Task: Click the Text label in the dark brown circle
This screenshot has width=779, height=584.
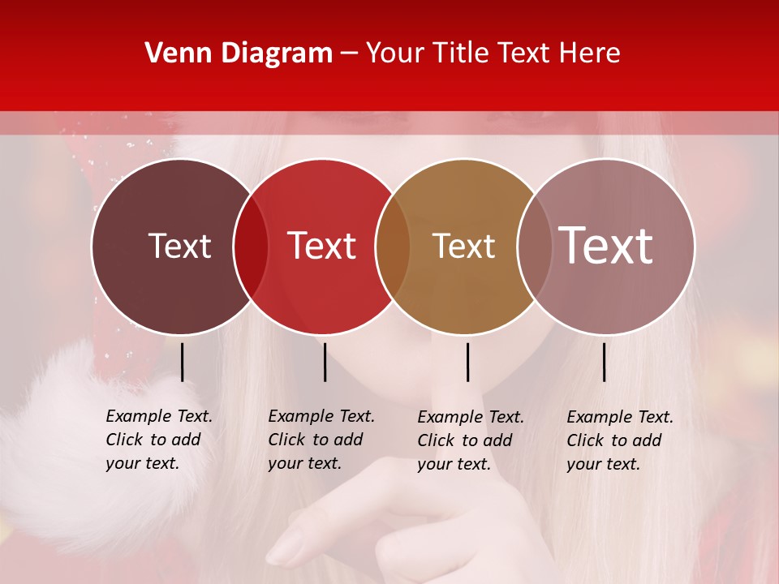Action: click(179, 246)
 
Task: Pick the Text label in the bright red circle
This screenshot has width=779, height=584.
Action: click(322, 246)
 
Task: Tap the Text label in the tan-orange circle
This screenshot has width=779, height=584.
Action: click(463, 246)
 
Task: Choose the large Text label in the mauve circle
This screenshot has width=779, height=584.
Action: click(606, 246)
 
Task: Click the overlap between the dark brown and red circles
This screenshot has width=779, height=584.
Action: click(251, 247)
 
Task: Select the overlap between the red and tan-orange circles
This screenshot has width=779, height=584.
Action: click(393, 247)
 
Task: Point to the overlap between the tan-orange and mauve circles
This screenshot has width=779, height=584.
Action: click(532, 247)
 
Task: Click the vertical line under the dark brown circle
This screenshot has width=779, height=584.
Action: click(182, 362)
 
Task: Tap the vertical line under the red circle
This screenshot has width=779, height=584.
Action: click(325, 362)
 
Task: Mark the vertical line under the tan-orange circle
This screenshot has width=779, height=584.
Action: click(467, 362)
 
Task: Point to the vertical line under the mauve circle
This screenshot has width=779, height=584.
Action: click(604, 362)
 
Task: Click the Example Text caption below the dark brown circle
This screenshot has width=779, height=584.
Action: click(158, 440)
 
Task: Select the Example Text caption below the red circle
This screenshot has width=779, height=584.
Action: click(321, 440)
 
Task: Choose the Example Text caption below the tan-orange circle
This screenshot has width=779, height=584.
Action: click(470, 440)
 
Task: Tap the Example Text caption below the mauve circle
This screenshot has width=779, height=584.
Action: click(619, 440)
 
